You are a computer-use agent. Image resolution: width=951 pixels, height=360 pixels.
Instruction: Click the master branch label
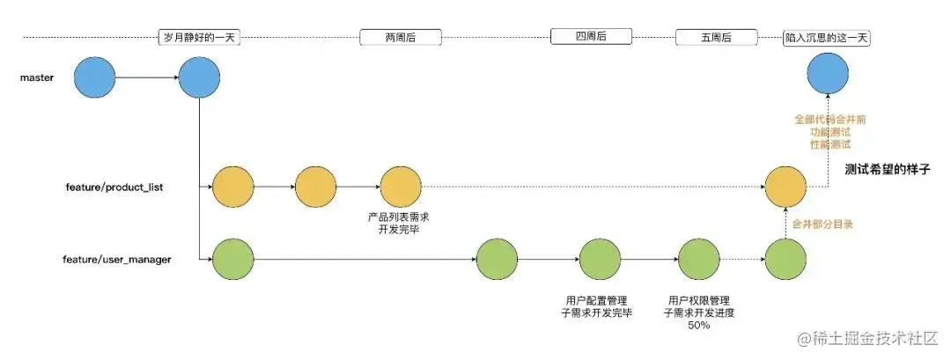pyautogui.click(x=37, y=78)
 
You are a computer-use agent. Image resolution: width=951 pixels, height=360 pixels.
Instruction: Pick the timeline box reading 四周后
pyautogui.click(x=592, y=37)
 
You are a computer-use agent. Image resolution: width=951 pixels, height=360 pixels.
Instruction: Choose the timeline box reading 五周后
pyautogui.click(x=716, y=38)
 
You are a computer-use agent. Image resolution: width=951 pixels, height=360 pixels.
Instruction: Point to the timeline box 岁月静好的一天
pyautogui.click(x=200, y=39)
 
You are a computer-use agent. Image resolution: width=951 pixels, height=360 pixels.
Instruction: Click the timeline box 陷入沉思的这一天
pyautogui.click(x=827, y=39)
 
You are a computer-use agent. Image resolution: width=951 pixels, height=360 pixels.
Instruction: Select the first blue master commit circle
pyautogui.click(x=94, y=78)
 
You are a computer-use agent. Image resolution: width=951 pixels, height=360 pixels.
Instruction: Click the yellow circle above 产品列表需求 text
pyautogui.click(x=401, y=186)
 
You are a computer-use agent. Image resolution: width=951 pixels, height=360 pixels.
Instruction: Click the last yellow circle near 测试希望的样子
pyautogui.click(x=785, y=187)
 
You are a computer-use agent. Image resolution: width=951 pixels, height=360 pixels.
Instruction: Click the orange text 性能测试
pyautogui.click(x=829, y=143)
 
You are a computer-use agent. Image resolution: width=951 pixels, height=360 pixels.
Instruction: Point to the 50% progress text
pyautogui.click(x=698, y=326)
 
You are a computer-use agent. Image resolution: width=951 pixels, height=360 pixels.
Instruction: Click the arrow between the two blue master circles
pyautogui.click(x=147, y=78)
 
